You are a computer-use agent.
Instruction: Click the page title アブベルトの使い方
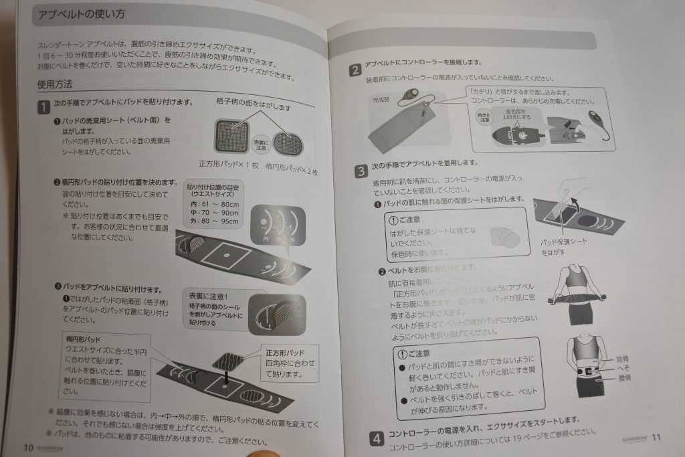(82, 14)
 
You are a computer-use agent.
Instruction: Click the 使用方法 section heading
(60, 85)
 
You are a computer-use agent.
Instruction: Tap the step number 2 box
(355, 68)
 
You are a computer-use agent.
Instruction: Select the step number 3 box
(361, 170)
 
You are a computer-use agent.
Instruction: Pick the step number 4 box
(377, 438)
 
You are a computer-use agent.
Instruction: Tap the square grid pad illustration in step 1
(231, 136)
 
